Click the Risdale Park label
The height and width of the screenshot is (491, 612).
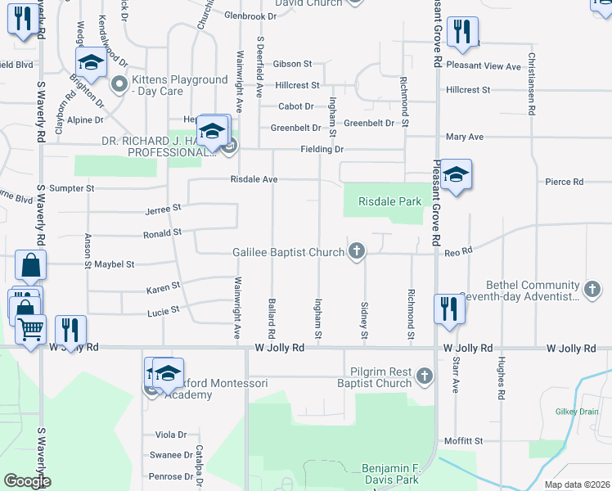click(x=389, y=200)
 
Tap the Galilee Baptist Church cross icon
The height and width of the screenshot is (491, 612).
click(x=356, y=252)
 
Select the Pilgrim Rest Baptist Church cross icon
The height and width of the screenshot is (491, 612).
click(x=423, y=376)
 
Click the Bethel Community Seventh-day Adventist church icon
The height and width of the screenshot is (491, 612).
click(x=592, y=289)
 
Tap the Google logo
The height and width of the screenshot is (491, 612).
click(x=26, y=481)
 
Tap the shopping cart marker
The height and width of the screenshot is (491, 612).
click(x=31, y=330)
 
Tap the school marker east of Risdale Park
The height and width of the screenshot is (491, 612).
click(x=457, y=175)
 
